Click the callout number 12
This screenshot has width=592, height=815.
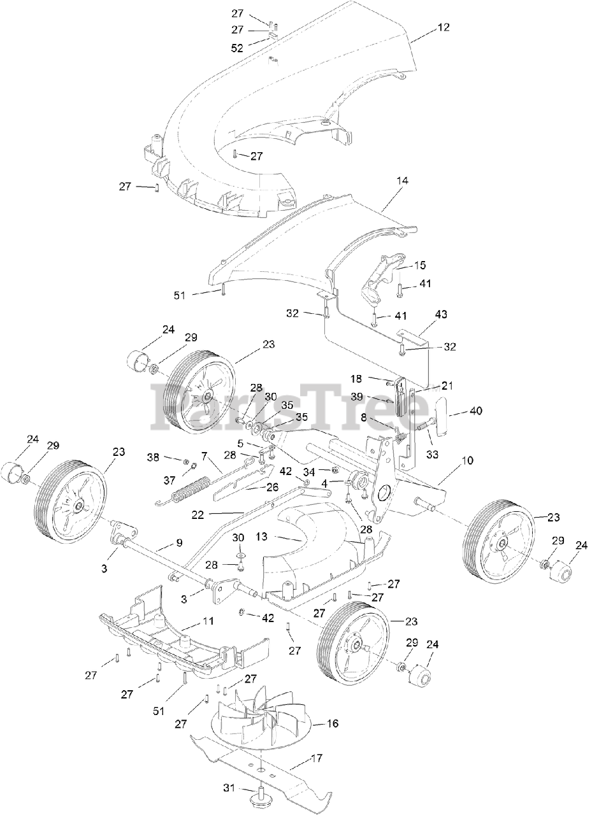point(444,27)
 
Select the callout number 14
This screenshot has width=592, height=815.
point(401,181)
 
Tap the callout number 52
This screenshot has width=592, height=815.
point(236,47)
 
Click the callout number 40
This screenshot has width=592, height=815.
point(476,411)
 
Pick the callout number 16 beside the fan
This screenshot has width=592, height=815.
point(332,723)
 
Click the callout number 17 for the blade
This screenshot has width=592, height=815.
point(316,758)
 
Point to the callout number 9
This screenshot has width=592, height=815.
point(179,543)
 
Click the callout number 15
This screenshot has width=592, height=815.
point(420,265)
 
